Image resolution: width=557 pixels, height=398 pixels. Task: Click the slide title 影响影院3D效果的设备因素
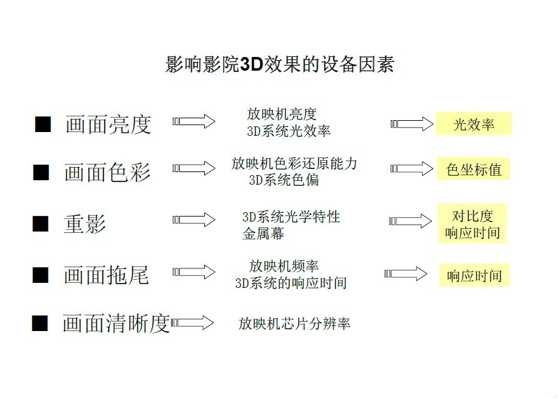point(279,64)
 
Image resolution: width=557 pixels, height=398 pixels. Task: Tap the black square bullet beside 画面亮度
point(43,124)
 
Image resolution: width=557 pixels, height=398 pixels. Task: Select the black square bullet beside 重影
point(41,224)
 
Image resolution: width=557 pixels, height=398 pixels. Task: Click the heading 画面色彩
point(108,172)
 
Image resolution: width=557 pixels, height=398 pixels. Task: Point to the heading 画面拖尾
point(107,275)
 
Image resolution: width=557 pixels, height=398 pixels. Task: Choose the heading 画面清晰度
point(116,323)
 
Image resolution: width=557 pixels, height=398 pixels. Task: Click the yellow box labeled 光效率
point(474,124)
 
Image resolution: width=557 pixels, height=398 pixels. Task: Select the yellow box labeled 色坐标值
point(474,169)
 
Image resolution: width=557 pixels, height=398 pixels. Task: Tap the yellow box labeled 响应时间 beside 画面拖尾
point(474,275)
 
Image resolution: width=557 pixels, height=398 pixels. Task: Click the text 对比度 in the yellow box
point(472,216)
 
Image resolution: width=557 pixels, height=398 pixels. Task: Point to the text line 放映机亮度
point(282,115)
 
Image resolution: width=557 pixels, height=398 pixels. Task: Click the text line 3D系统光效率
point(288,131)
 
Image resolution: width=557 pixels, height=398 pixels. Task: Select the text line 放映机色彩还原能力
point(294,163)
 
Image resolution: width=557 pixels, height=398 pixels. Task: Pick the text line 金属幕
point(263,233)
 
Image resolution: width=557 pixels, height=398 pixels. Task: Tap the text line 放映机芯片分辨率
point(294,323)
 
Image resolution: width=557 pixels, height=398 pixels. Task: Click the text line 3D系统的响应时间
point(291,283)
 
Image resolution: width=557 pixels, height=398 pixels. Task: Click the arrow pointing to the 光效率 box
point(412,124)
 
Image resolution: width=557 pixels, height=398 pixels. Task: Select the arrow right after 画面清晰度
point(192,323)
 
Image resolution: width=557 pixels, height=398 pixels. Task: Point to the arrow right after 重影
point(194,220)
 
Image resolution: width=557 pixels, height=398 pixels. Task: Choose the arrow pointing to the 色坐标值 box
point(412,168)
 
